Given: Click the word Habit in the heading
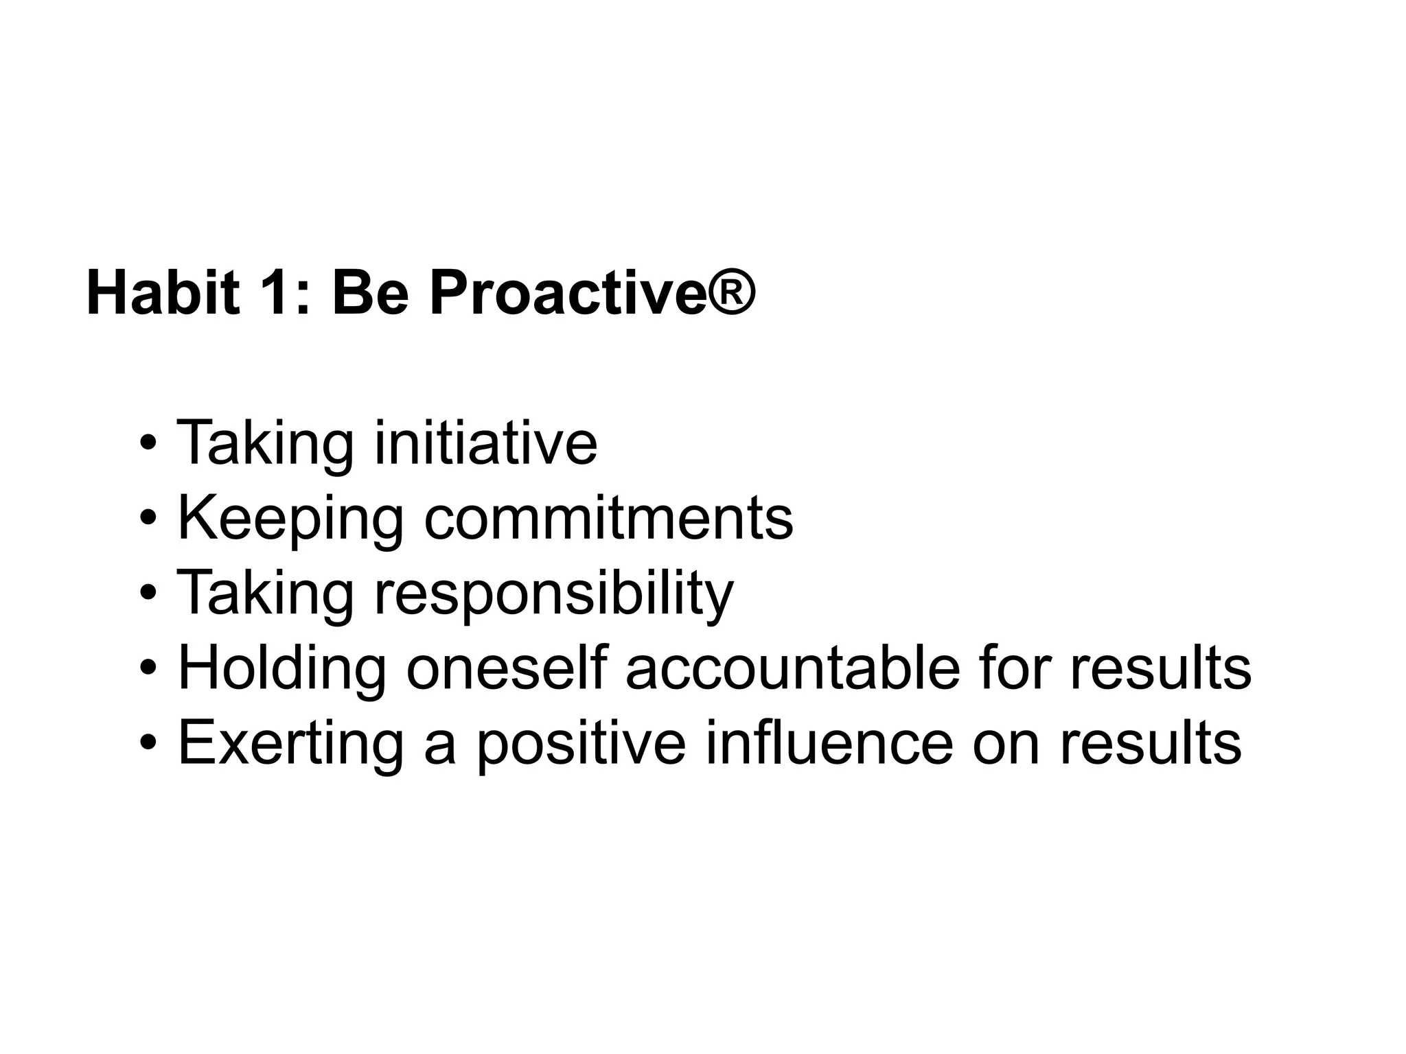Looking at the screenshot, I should tap(163, 293).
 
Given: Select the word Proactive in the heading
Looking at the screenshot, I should tap(567, 293).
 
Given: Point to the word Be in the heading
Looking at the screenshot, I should tap(371, 293).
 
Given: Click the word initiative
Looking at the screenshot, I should tap(485, 443).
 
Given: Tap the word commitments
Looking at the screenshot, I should tap(608, 518).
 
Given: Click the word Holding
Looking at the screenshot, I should tap(281, 669).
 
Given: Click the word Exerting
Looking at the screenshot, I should tap(290, 744).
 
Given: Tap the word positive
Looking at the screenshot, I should tap(581, 744).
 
